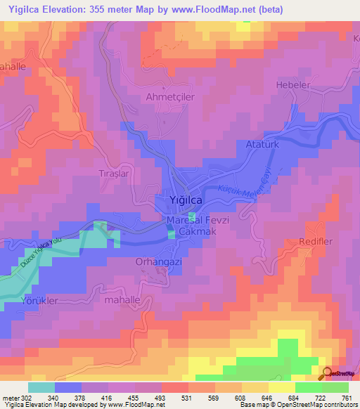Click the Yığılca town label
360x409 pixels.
(187, 200)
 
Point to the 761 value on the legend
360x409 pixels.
(345, 397)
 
